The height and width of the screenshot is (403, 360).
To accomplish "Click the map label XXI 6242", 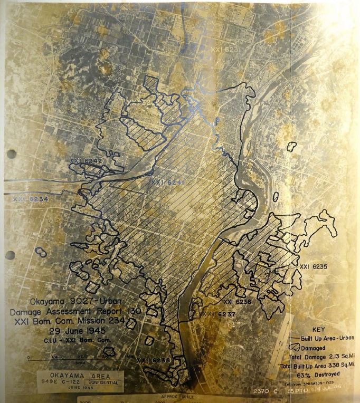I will (x=86, y=160).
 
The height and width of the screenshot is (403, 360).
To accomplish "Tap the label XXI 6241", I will (x=167, y=183).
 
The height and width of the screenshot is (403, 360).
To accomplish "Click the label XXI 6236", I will (x=237, y=302).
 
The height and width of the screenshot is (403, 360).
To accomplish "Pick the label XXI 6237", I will (x=218, y=314).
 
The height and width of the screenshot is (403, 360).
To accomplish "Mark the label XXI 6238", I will (x=153, y=361).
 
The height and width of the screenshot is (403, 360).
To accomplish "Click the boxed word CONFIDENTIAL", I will (x=103, y=381).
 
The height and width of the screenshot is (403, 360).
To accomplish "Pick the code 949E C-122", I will (x=62, y=381).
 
